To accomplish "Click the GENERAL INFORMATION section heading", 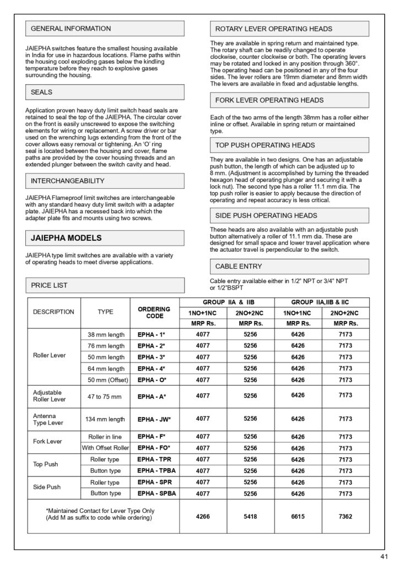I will click(x=71, y=29).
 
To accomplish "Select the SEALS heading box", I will click(x=42, y=92).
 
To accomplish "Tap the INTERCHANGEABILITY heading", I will click(x=67, y=181).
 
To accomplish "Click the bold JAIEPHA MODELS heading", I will click(x=66, y=238).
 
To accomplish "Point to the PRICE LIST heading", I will click(x=49, y=285).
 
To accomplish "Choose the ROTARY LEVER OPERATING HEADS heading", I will click(x=274, y=29).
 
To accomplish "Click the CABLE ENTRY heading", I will click(x=239, y=267).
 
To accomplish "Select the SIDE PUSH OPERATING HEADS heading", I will click(x=266, y=215).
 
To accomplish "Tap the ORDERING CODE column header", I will click(x=154, y=312).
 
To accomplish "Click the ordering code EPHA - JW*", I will click(x=154, y=419).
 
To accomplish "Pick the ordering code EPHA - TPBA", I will click(x=157, y=470).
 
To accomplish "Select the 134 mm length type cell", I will click(x=105, y=419).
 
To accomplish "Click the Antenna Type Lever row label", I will click(x=45, y=419).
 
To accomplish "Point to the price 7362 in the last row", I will click(x=346, y=517).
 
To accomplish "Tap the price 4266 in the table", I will click(x=203, y=517).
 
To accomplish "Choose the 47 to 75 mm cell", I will click(x=105, y=396).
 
